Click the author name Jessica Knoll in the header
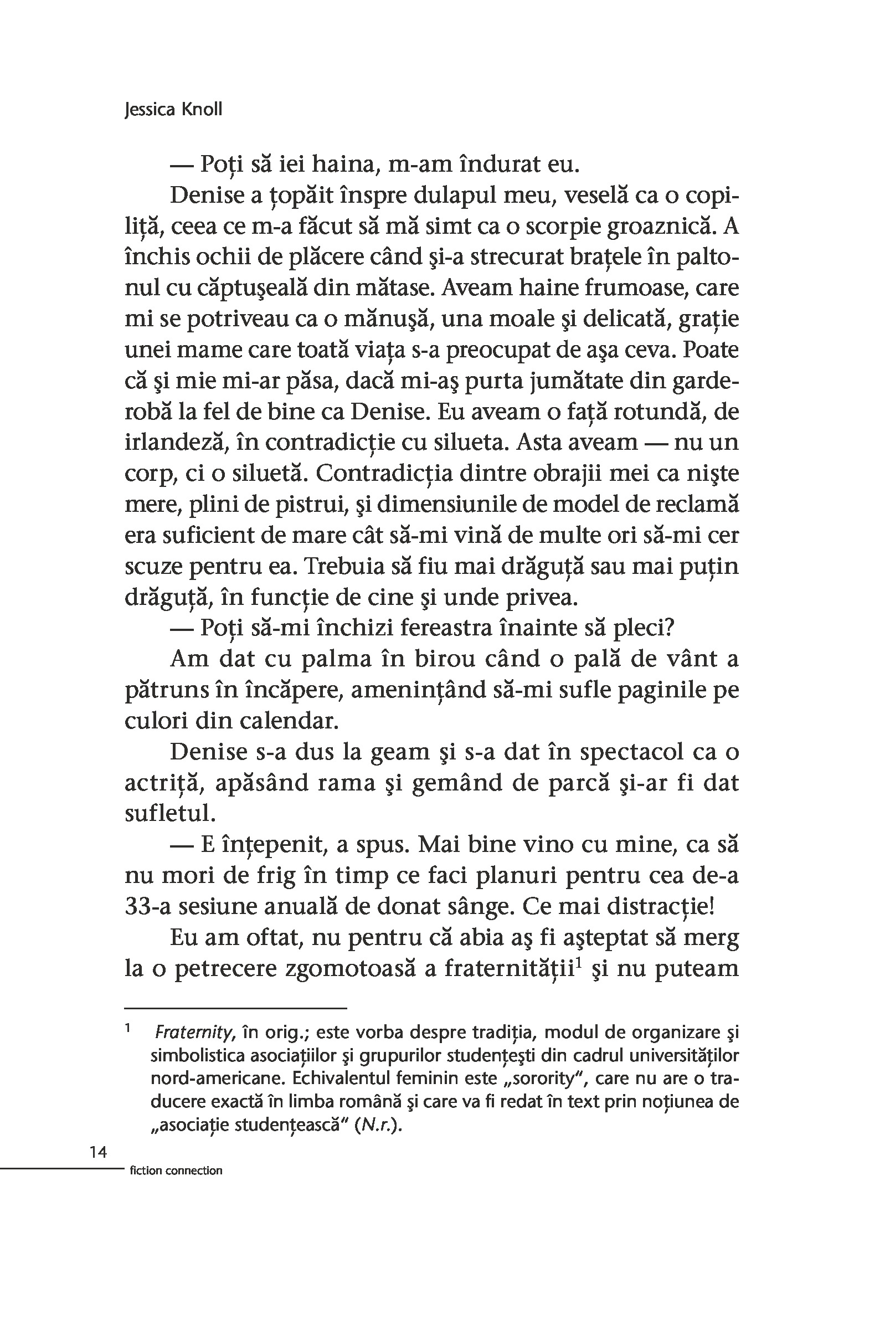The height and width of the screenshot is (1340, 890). click(173, 109)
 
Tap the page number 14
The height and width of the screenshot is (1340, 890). click(98, 1152)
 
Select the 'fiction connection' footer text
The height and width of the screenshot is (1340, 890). click(176, 1171)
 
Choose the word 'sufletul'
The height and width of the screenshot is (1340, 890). click(170, 814)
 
